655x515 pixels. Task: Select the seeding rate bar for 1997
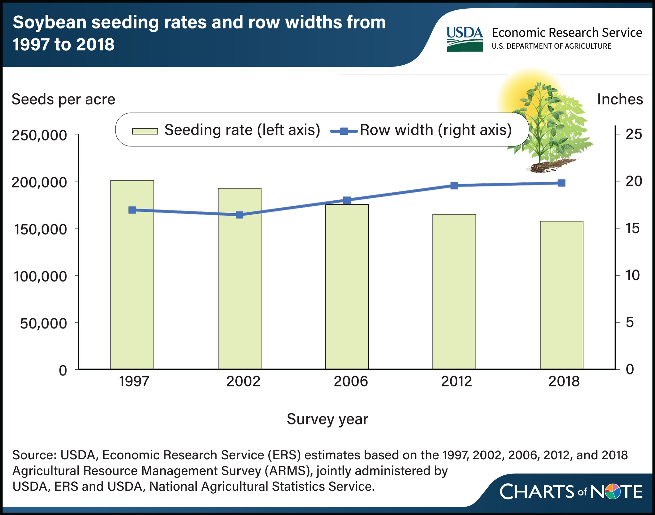tap(132, 275)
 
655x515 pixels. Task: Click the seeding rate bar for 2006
tap(347, 287)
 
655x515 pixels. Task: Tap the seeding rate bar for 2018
tap(562, 295)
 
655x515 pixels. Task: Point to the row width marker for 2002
tap(240, 215)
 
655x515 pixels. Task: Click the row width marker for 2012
tap(454, 186)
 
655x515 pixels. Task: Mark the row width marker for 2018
tap(562, 183)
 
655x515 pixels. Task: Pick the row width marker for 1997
tap(132, 210)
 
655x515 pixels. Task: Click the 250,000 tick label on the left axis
tap(39, 135)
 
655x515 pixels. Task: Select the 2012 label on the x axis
tap(456, 381)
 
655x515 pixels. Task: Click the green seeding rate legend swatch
tap(145, 131)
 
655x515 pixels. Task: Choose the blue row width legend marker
tap(344, 131)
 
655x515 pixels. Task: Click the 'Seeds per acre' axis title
tap(63, 99)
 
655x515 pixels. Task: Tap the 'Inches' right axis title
tap(620, 99)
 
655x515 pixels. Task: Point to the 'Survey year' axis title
tap(327, 419)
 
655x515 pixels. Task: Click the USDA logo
tap(465, 39)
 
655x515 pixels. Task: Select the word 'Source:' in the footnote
tap(34, 455)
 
